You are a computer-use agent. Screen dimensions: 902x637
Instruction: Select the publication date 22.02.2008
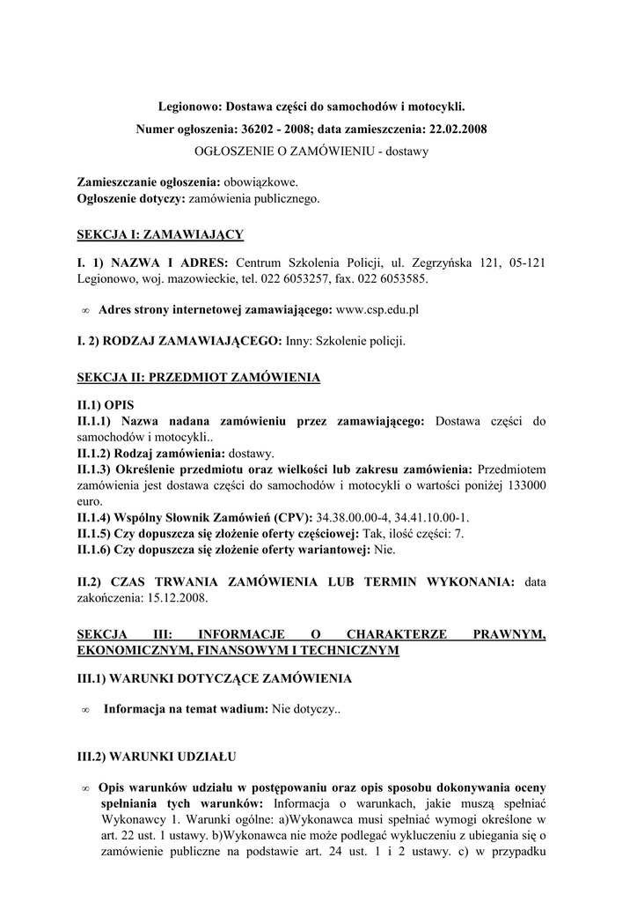457,129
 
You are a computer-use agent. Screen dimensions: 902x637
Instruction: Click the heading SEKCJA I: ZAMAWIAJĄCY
160,234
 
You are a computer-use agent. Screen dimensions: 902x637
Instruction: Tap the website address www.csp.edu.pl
377,310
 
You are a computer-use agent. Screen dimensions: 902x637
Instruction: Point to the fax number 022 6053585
392,279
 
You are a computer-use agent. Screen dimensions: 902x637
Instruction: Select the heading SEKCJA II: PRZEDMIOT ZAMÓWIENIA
199,378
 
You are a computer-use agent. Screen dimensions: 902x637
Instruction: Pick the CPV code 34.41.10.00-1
425,517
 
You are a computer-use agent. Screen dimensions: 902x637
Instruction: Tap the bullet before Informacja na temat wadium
86,710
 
